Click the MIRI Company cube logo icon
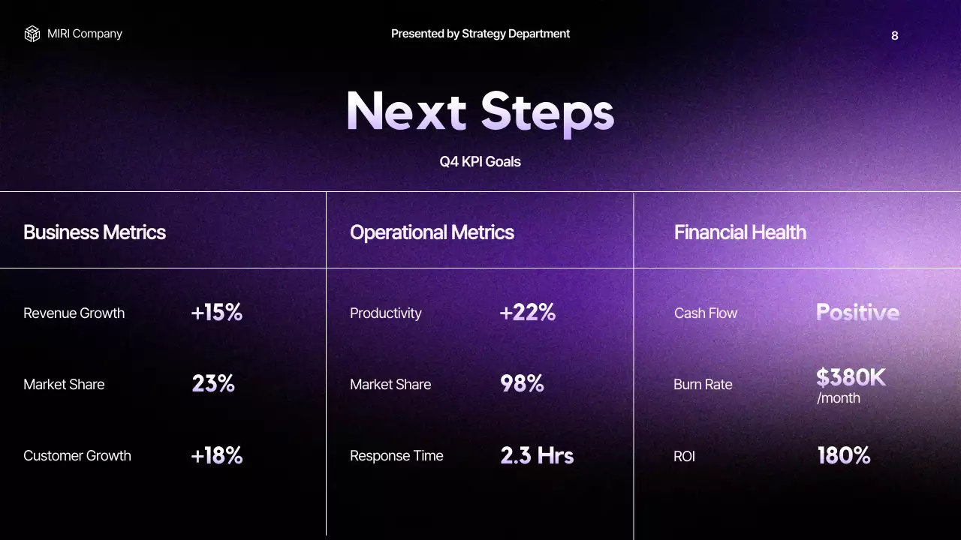32,34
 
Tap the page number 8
894,35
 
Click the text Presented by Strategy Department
480,34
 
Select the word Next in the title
406,112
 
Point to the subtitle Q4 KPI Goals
480,161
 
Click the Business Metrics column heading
95,232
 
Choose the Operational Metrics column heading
432,232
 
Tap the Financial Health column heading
740,232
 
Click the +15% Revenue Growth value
217,313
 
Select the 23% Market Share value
213,384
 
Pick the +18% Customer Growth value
217,455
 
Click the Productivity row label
386,313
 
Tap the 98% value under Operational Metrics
522,384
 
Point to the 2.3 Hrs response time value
537,455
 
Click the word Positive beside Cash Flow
857,313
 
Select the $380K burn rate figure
851,377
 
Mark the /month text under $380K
839,398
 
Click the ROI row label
684,456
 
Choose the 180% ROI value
844,455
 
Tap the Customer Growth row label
77,456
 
